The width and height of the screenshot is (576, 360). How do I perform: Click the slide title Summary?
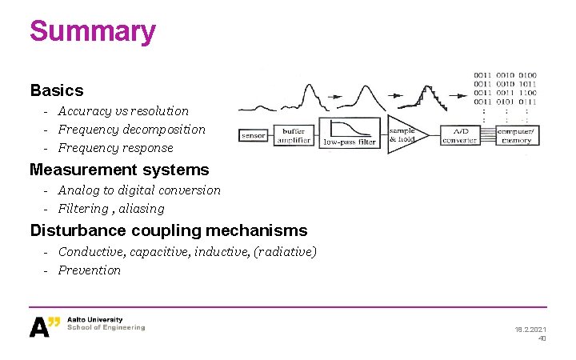[93, 32]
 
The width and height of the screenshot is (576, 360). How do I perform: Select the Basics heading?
[56, 90]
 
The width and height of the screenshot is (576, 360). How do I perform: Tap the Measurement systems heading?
[119, 170]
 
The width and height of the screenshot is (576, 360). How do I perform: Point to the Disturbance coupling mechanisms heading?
[168, 230]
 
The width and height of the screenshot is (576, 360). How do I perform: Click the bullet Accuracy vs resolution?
[123, 111]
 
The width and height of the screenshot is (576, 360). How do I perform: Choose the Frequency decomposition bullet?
[131, 130]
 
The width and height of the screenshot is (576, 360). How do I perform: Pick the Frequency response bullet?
[115, 148]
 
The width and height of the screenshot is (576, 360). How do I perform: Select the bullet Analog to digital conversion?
[139, 190]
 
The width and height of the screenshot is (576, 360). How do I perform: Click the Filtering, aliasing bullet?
[111, 209]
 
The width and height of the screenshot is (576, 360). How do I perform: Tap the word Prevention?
[90, 270]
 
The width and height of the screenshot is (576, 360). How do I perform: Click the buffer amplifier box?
[293, 135]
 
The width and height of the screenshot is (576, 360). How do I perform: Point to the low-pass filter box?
[349, 134]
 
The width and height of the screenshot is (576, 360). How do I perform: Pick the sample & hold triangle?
[404, 134]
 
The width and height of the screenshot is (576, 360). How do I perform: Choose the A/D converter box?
[460, 135]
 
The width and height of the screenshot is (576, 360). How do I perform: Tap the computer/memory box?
[514, 135]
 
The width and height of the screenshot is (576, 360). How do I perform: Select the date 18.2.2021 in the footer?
[530, 329]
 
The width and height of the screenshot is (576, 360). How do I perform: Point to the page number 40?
[542, 338]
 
